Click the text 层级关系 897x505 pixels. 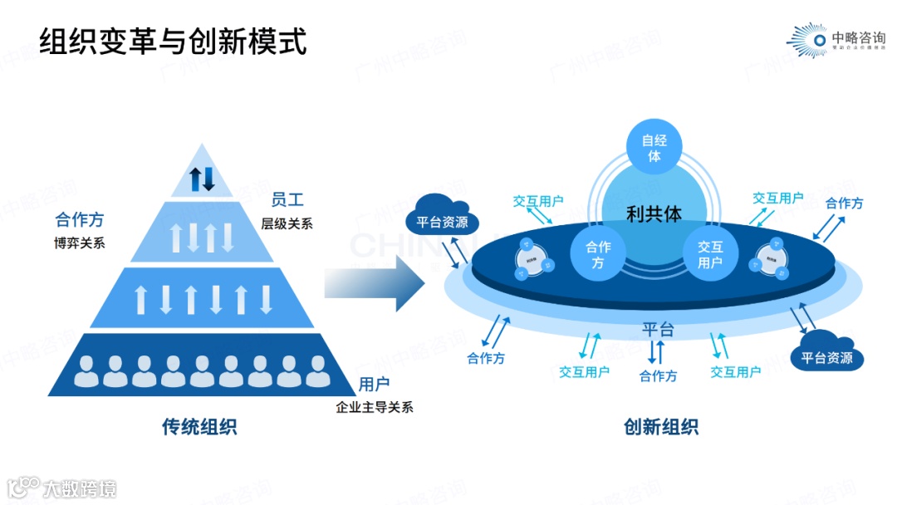[287, 223]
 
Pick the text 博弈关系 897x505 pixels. [80, 243]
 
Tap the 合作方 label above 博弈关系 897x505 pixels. [80, 220]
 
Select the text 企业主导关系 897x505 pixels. [375, 407]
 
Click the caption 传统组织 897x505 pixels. [199, 427]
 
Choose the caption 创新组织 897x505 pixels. [661, 427]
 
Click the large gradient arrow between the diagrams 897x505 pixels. [374, 282]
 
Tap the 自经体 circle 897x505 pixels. [654, 148]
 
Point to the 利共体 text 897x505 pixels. [654, 213]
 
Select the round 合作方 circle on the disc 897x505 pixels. [598, 254]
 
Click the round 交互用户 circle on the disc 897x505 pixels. [710, 254]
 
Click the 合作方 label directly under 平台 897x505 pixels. [658, 375]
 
